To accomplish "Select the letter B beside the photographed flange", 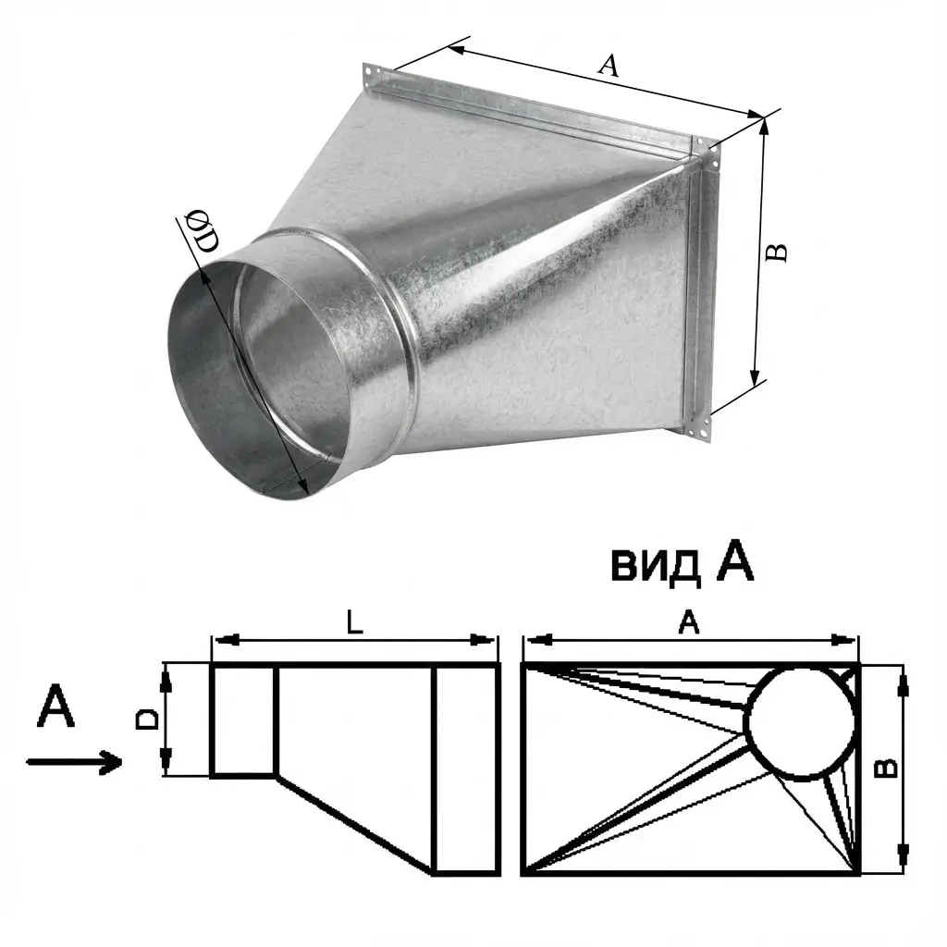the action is point(776,252).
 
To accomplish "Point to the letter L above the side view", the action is point(355,621).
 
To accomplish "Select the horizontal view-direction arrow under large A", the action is point(74,762).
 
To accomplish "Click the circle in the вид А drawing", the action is point(802,723).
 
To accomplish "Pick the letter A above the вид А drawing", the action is point(688,621).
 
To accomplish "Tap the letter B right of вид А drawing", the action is point(886,769).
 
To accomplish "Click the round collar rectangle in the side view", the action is point(244,719).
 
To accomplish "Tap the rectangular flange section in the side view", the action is point(466,769).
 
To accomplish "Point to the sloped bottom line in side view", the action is point(355,824).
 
